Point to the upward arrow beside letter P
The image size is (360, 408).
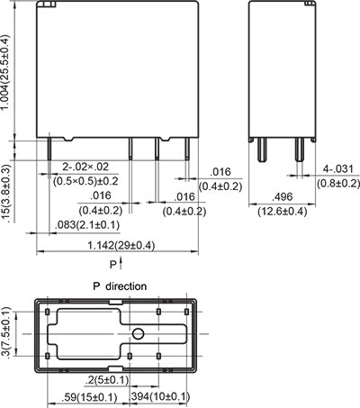123,262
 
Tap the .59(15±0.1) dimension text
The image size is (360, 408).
90,395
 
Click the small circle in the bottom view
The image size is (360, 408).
138,335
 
